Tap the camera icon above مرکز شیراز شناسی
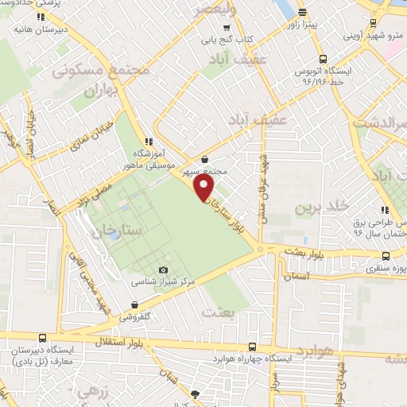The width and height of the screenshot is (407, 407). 164,270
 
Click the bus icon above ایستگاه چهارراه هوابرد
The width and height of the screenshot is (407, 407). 252,347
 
